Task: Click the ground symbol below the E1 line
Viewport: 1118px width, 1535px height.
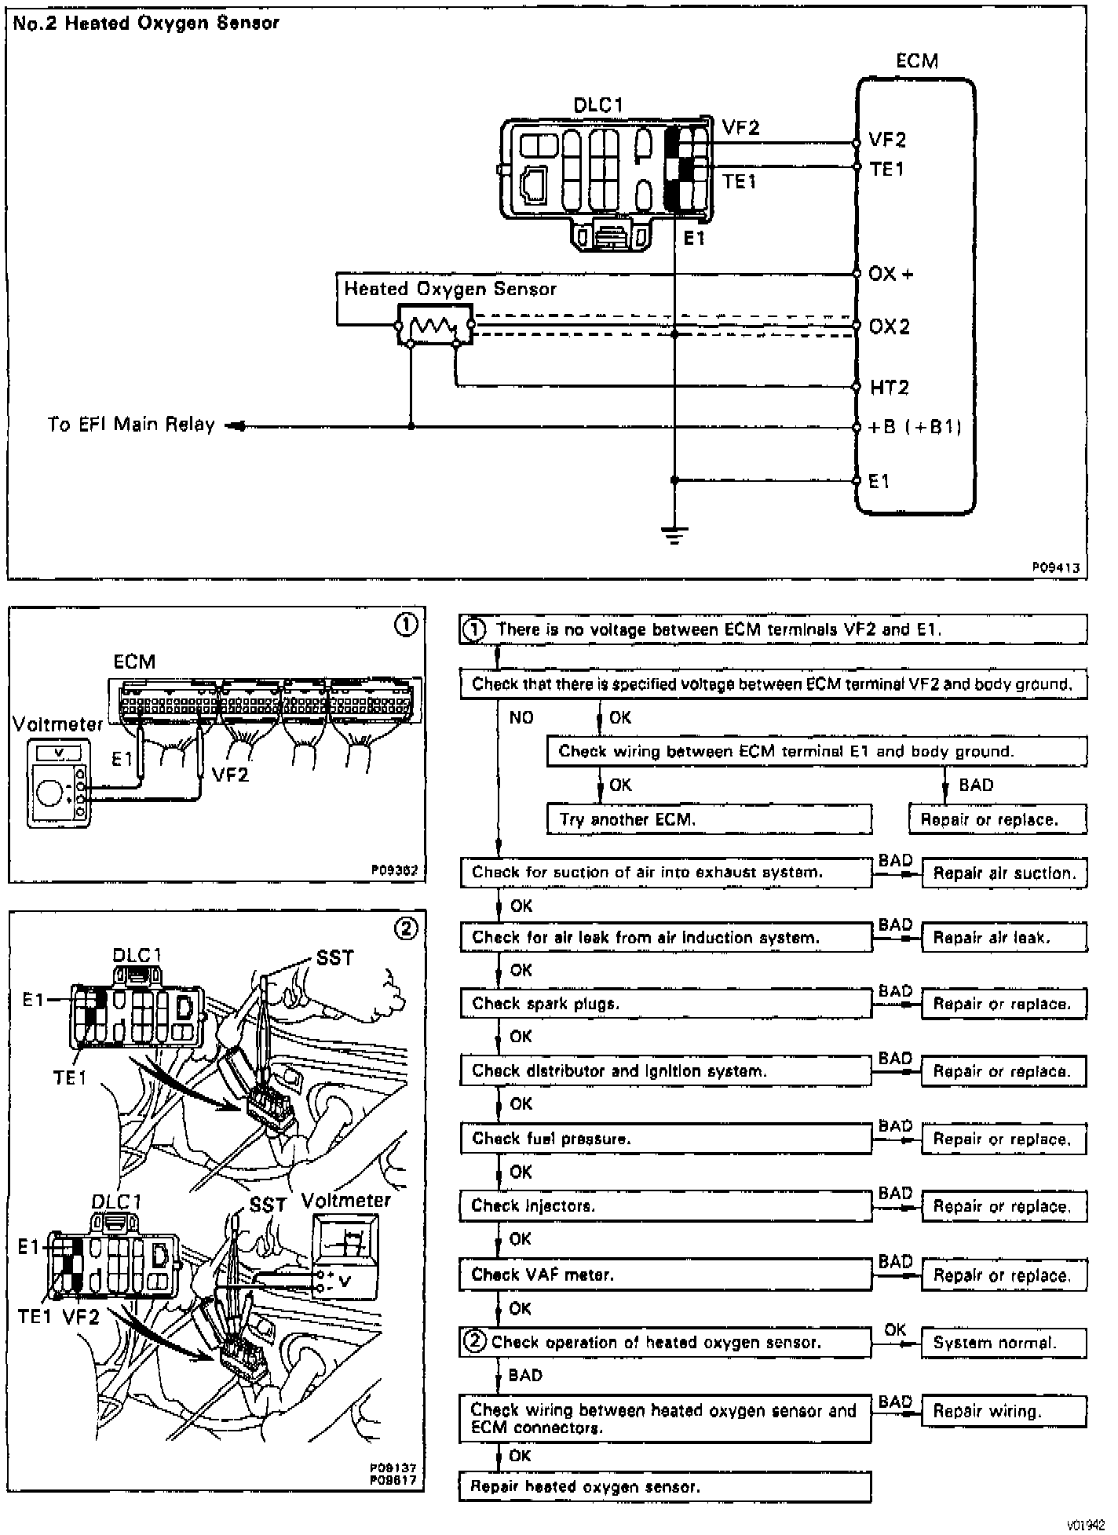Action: [674, 536]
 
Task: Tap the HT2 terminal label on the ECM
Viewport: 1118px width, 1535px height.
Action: [889, 387]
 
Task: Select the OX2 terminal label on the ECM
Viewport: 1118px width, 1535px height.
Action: [889, 326]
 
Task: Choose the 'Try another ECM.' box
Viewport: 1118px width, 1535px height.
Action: [709, 819]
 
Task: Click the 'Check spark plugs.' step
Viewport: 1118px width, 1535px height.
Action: [666, 1004]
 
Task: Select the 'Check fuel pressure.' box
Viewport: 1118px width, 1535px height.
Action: [666, 1139]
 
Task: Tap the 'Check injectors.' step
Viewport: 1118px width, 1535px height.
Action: [666, 1206]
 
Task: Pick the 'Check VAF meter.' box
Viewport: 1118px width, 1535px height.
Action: [666, 1275]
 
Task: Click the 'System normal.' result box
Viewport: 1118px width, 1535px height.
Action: [1004, 1343]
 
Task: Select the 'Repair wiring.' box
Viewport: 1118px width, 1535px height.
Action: [1004, 1411]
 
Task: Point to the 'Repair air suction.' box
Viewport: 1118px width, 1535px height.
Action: [1004, 873]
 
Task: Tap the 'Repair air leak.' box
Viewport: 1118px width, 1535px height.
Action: [1004, 937]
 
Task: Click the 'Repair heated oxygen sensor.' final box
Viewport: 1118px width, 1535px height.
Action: [666, 1486]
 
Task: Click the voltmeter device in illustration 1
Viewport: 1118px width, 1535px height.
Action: [57, 782]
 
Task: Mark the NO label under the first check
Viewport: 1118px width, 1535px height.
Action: [521, 717]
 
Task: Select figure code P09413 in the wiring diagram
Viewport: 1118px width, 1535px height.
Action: [1056, 567]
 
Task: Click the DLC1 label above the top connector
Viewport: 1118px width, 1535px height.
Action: [599, 105]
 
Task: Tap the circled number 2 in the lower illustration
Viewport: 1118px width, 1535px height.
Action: [406, 929]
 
